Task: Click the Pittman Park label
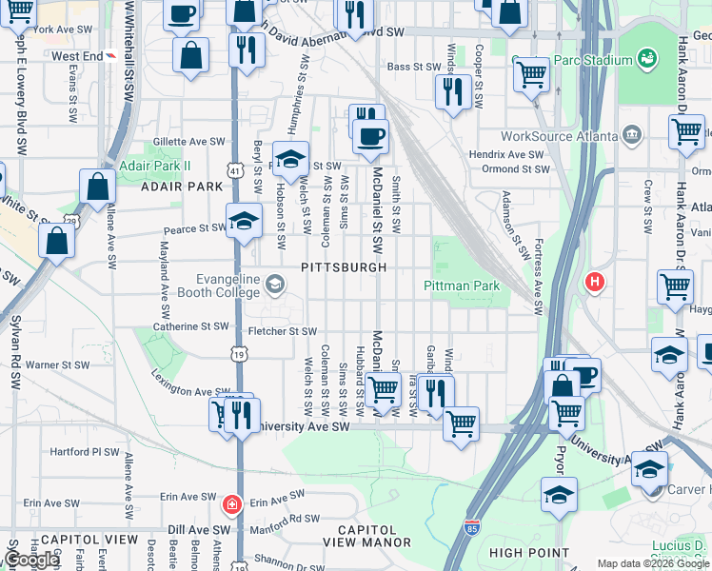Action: click(462, 285)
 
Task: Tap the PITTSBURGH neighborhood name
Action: click(344, 267)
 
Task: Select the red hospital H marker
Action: click(595, 282)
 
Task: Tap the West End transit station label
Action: click(76, 56)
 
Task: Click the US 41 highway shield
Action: click(234, 169)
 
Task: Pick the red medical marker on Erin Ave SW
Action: click(230, 502)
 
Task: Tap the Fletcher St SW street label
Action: click(282, 331)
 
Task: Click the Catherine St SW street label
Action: click(191, 325)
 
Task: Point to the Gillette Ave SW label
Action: click(189, 141)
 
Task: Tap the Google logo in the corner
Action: click(31, 560)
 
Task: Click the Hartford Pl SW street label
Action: click(85, 452)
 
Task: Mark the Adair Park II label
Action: click(155, 166)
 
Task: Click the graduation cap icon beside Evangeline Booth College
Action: click(275, 284)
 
